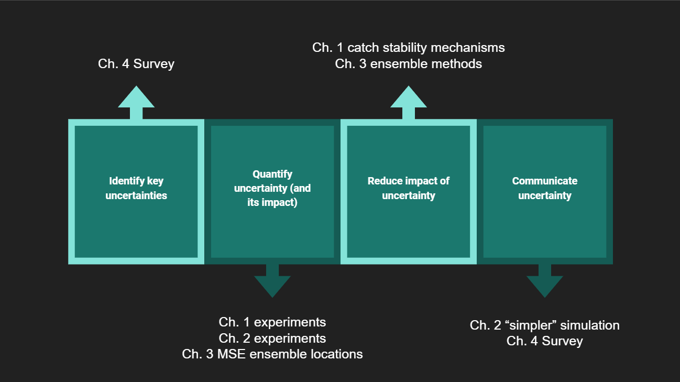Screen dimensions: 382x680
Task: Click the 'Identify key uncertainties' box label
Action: [x=136, y=189]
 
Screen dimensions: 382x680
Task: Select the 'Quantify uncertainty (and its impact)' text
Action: [x=272, y=188]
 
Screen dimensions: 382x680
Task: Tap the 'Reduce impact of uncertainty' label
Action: [x=409, y=189]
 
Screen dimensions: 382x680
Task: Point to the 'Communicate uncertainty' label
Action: [x=545, y=189]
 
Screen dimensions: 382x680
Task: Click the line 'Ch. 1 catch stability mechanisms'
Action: [x=409, y=48]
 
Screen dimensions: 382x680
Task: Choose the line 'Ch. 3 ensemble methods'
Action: [x=409, y=64]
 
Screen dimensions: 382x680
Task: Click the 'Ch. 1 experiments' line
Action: [x=272, y=322]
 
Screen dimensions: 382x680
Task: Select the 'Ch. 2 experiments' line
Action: [x=272, y=338]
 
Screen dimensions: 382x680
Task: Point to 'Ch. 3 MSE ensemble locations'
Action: [x=272, y=354]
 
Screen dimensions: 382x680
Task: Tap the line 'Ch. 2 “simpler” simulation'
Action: [x=545, y=325]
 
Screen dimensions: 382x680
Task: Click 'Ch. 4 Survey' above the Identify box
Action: [x=136, y=64]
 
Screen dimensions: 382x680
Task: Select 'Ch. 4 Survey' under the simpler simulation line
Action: [x=545, y=342]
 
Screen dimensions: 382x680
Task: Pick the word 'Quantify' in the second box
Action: [x=272, y=174]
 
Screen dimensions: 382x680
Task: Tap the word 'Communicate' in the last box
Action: [x=545, y=181]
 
